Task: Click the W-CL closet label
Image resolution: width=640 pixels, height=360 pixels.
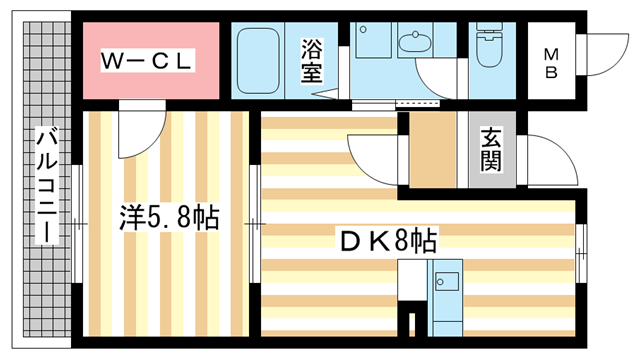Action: pos(146,60)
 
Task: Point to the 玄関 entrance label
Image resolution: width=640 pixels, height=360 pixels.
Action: pos(491,148)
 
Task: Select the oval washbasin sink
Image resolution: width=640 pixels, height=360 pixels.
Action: pos(411,41)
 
